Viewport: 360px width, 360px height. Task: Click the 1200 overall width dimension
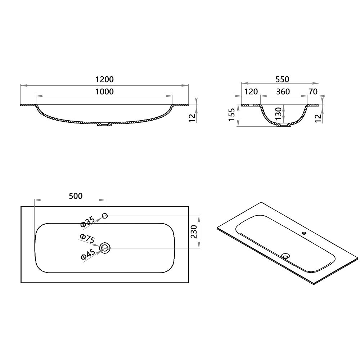104,80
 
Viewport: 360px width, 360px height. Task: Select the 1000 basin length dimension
104,91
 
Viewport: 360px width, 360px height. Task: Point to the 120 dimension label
251,91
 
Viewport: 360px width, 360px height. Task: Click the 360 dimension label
283,91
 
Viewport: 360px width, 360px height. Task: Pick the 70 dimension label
313,91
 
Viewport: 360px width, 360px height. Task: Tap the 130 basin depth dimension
278,114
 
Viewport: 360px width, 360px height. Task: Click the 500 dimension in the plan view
76,196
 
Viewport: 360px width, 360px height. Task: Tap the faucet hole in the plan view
105,216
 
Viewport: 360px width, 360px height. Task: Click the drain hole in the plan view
105,247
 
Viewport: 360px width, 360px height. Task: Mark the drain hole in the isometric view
286,256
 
